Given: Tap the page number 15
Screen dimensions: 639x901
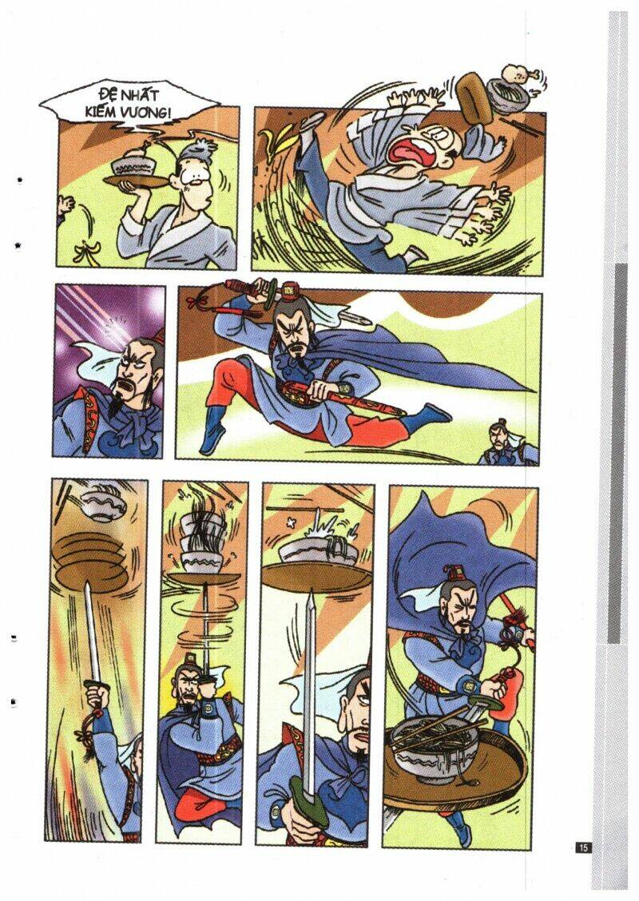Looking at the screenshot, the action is [x=583, y=847].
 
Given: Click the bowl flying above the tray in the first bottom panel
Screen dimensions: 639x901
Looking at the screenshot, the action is [x=104, y=506].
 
